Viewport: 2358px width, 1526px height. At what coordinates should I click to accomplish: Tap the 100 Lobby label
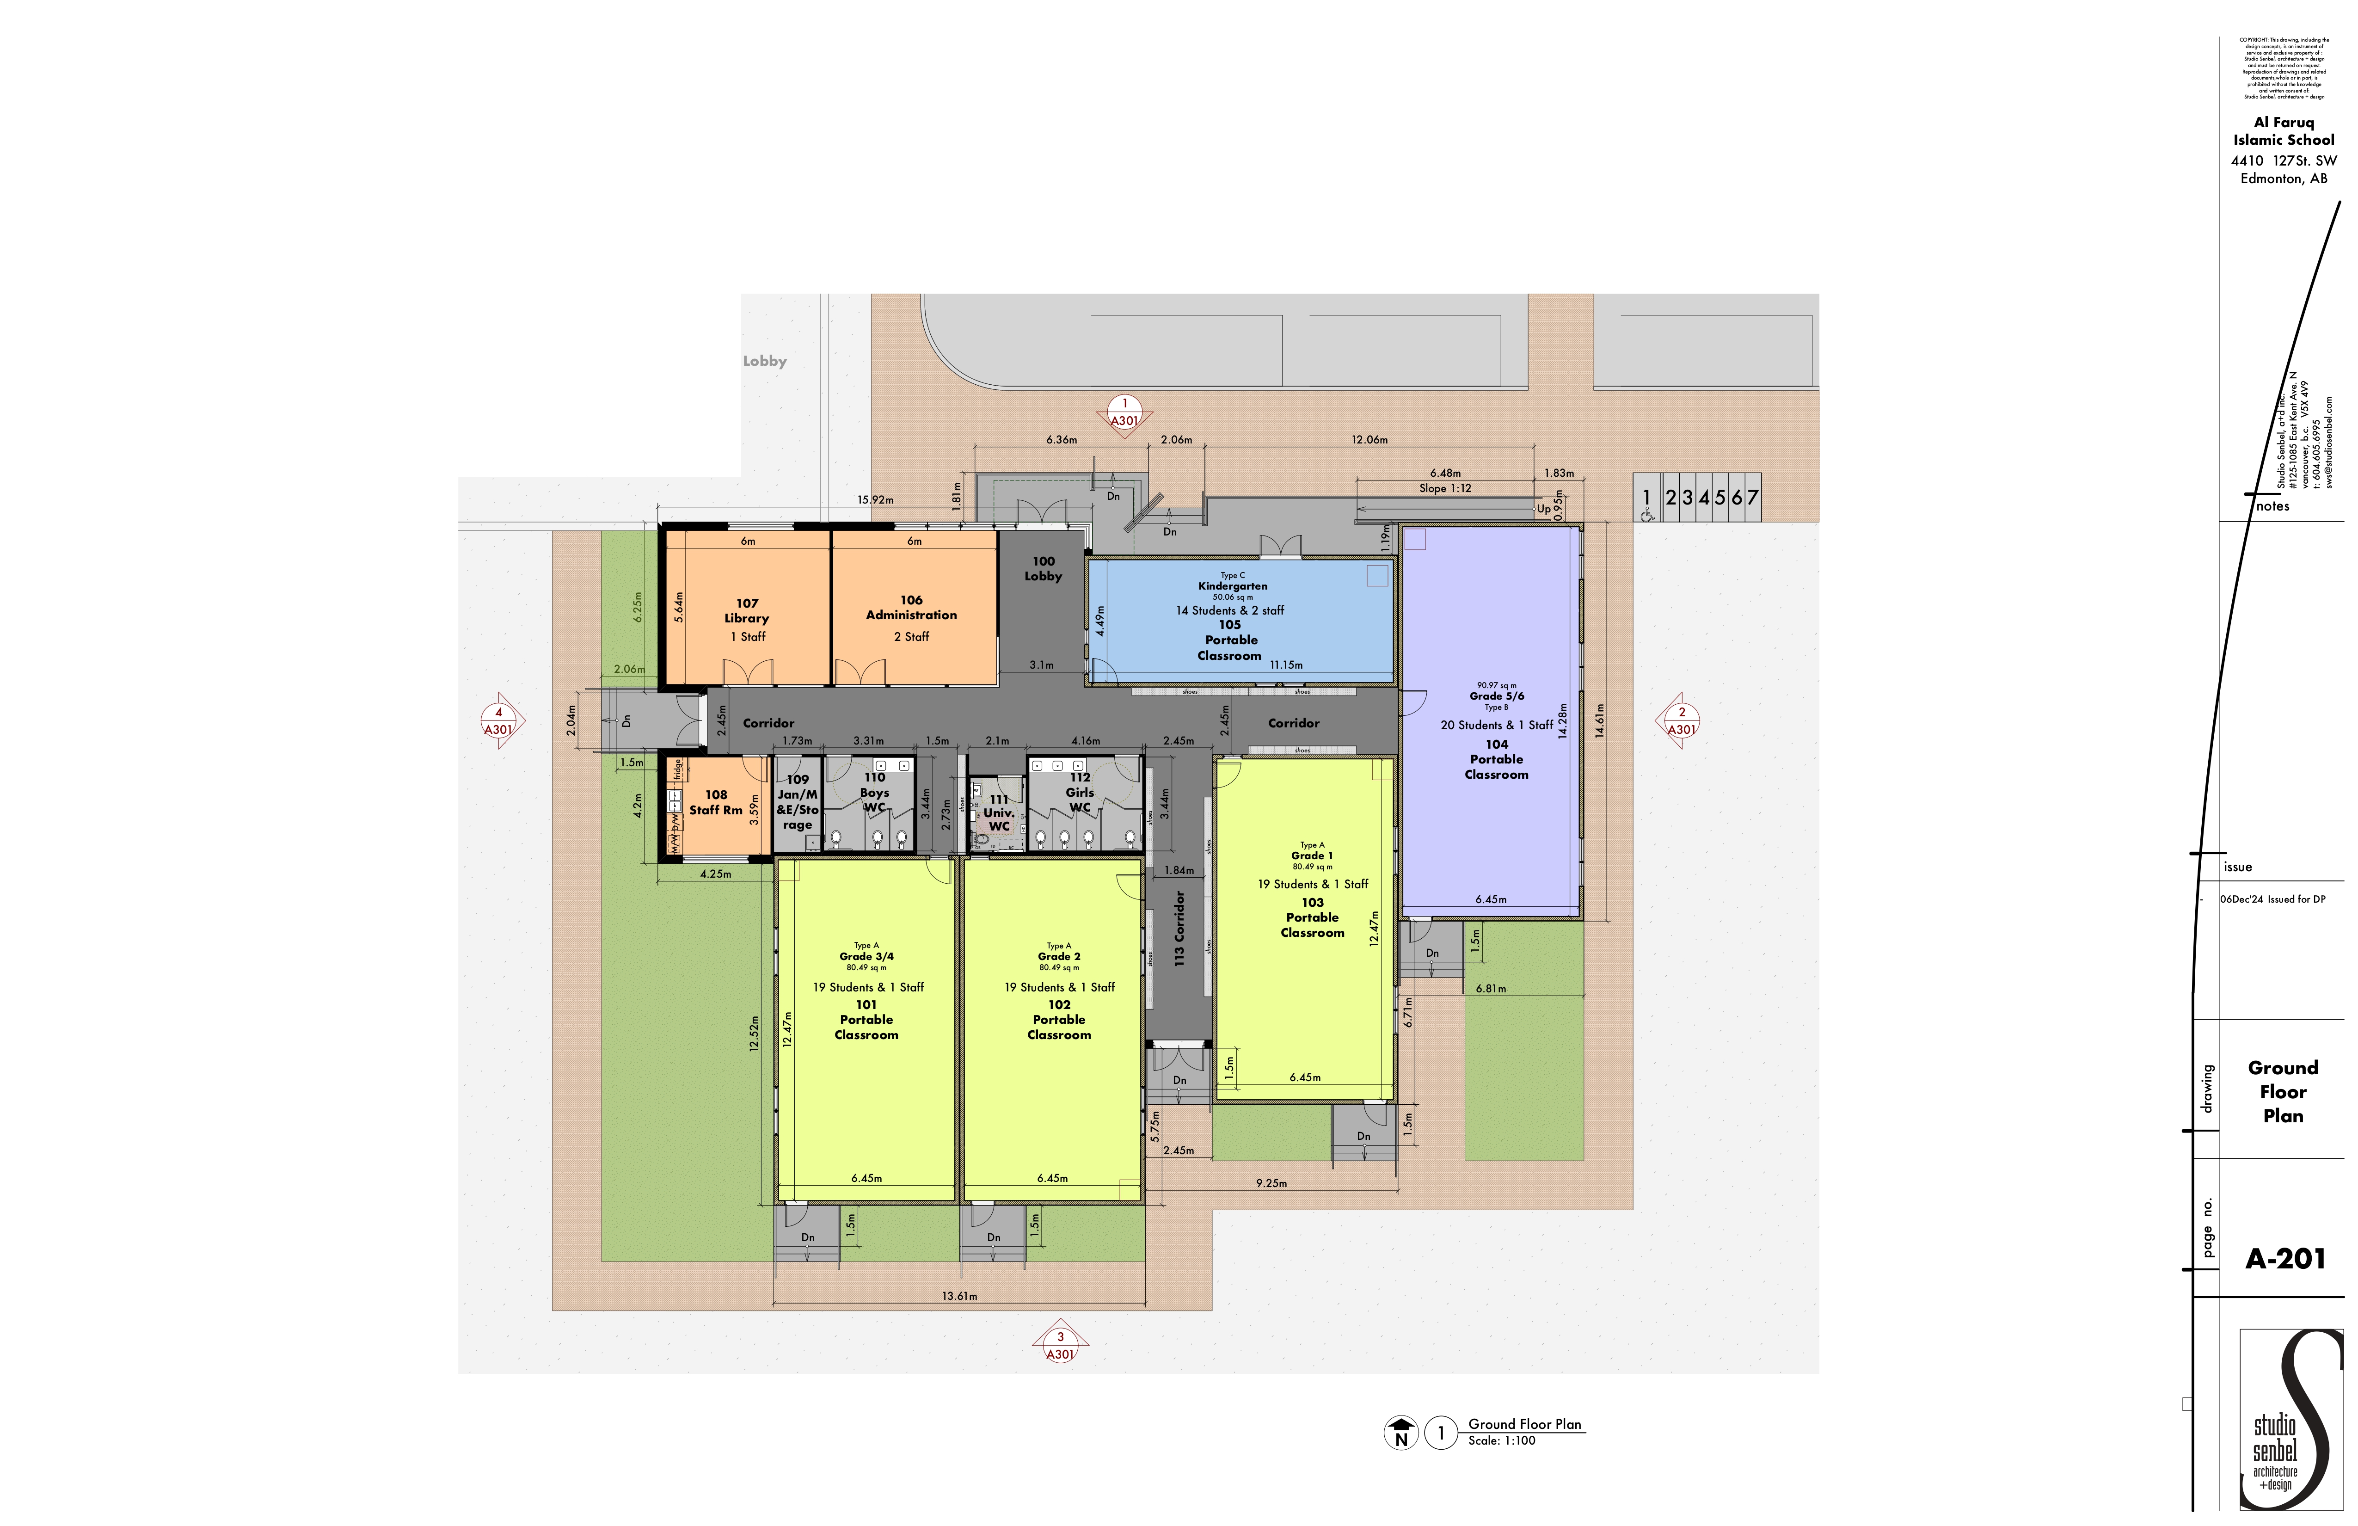tap(1043, 568)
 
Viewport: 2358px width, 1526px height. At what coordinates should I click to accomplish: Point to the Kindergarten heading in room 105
tap(1233, 585)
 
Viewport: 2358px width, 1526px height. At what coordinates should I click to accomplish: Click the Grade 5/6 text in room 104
tap(1496, 695)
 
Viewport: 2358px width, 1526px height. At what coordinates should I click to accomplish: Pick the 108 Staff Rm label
tap(715, 802)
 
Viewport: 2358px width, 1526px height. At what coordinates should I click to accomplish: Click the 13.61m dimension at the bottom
tap(959, 1295)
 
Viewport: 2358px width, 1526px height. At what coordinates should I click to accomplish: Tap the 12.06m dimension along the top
tap(1369, 439)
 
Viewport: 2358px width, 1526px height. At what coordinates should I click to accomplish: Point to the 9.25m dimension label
tap(1271, 1183)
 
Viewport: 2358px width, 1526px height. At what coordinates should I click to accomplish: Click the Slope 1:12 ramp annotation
tap(1444, 487)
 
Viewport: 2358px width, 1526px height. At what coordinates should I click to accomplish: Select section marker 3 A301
tap(1060, 1346)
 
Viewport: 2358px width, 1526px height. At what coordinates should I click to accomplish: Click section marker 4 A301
tap(498, 720)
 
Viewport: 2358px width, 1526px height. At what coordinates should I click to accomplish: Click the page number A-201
tap(2284, 1258)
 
